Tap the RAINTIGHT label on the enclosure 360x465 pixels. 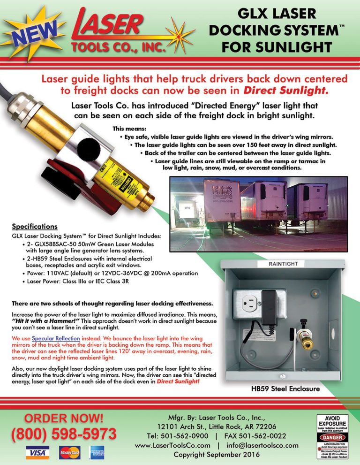coord(283,264)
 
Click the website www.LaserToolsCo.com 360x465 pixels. coord(172,445)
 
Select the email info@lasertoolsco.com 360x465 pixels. coord(262,445)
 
